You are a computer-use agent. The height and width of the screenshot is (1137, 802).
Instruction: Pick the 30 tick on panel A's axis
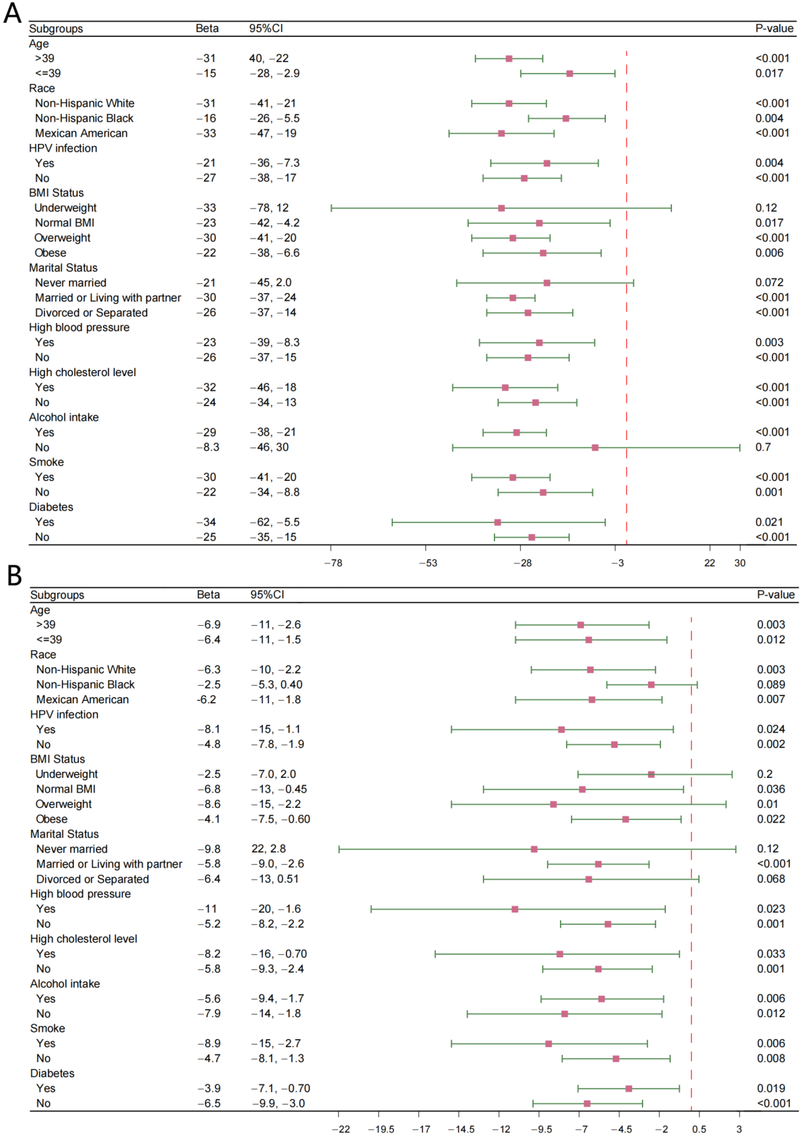pos(740,563)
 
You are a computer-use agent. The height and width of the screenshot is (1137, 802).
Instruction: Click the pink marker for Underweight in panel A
pos(501,208)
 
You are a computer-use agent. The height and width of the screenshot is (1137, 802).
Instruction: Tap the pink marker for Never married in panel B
pos(534,849)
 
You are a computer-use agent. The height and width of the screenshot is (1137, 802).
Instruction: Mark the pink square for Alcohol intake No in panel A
pos(595,448)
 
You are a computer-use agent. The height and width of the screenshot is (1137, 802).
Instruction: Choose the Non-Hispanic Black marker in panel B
pos(651,685)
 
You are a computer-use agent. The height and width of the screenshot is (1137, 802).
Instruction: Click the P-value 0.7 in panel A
pos(763,447)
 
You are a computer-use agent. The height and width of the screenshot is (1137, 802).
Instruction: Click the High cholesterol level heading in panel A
pos(82,372)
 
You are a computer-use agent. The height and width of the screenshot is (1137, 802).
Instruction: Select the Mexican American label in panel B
pos(82,700)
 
